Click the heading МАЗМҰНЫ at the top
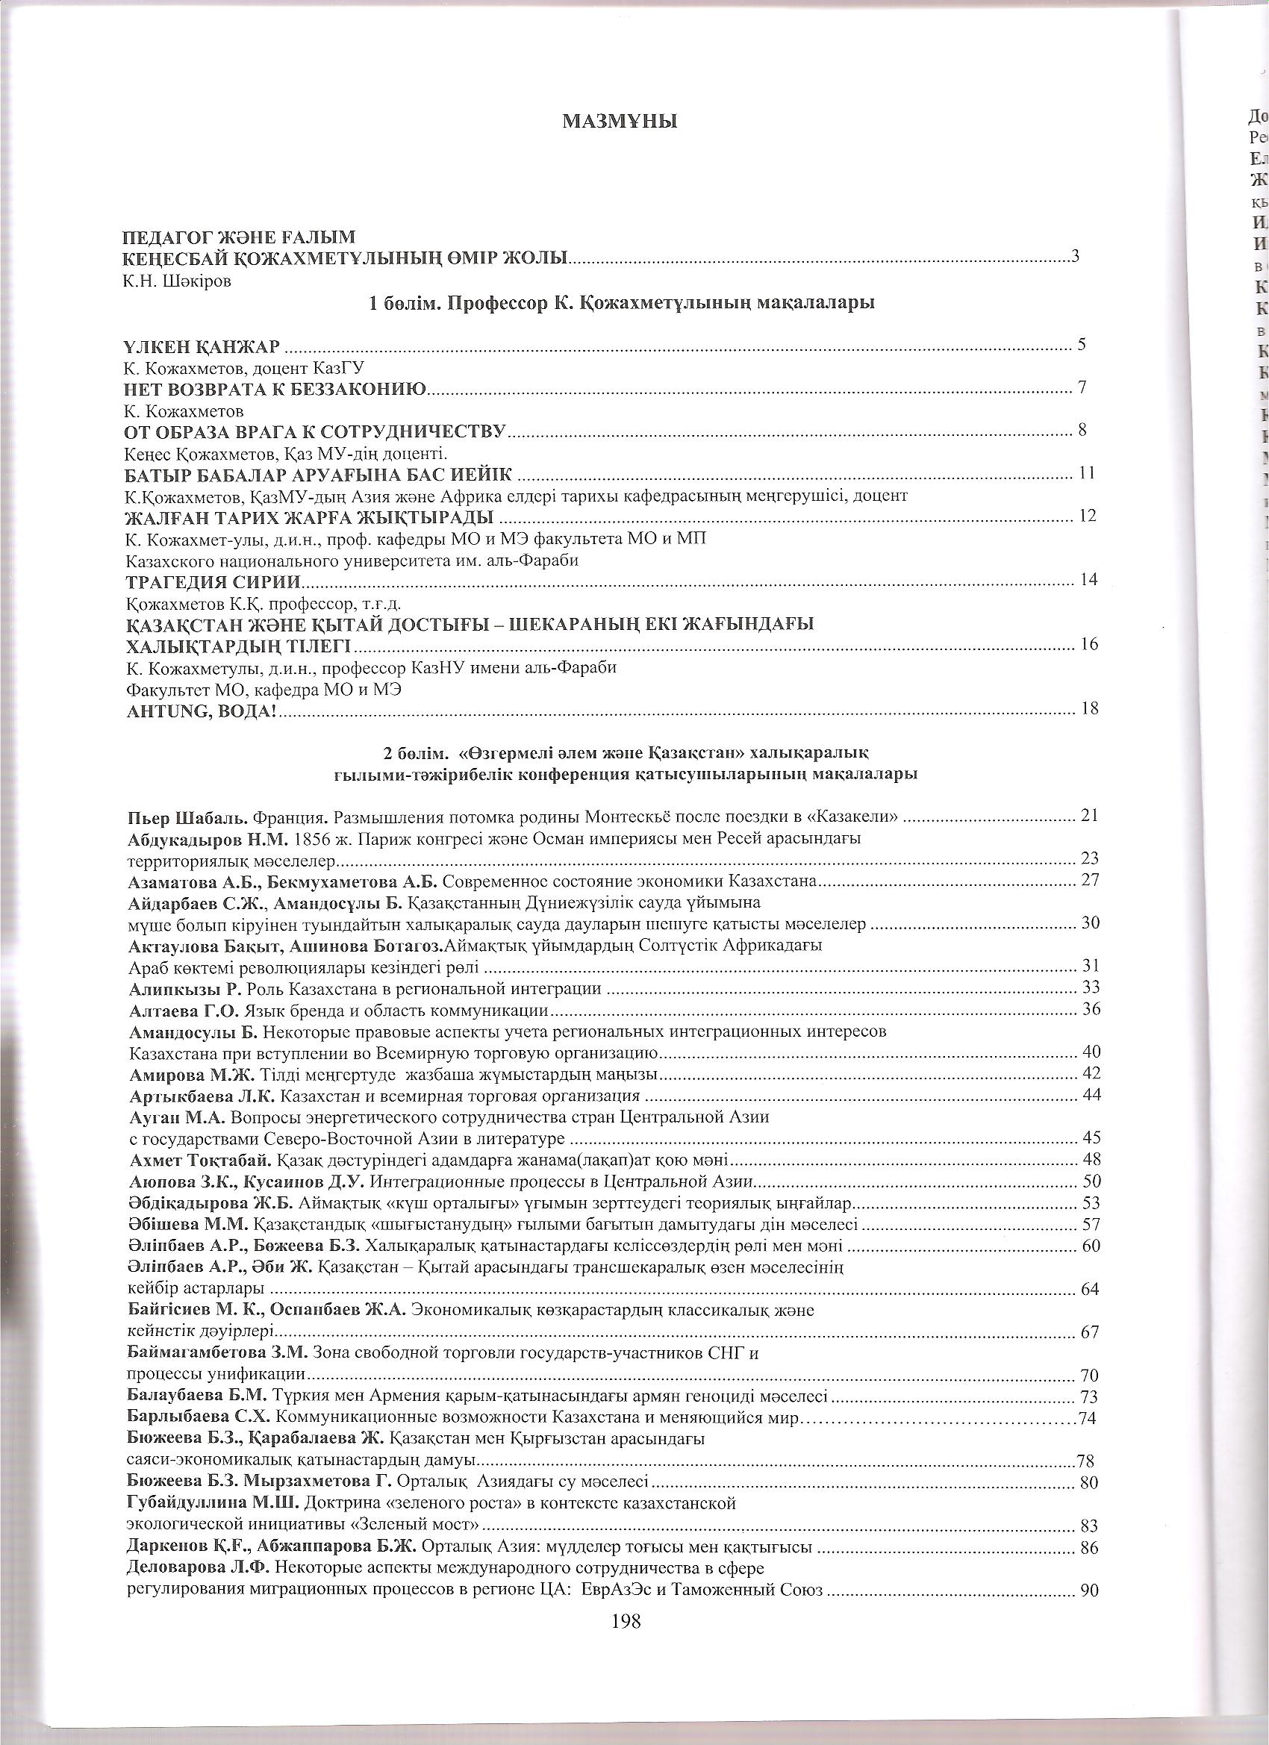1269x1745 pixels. click(x=620, y=121)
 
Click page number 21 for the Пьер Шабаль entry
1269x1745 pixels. click(x=1090, y=816)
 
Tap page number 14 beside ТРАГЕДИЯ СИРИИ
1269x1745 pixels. click(x=1089, y=578)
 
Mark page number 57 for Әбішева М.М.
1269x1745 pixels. click(x=1090, y=1224)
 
